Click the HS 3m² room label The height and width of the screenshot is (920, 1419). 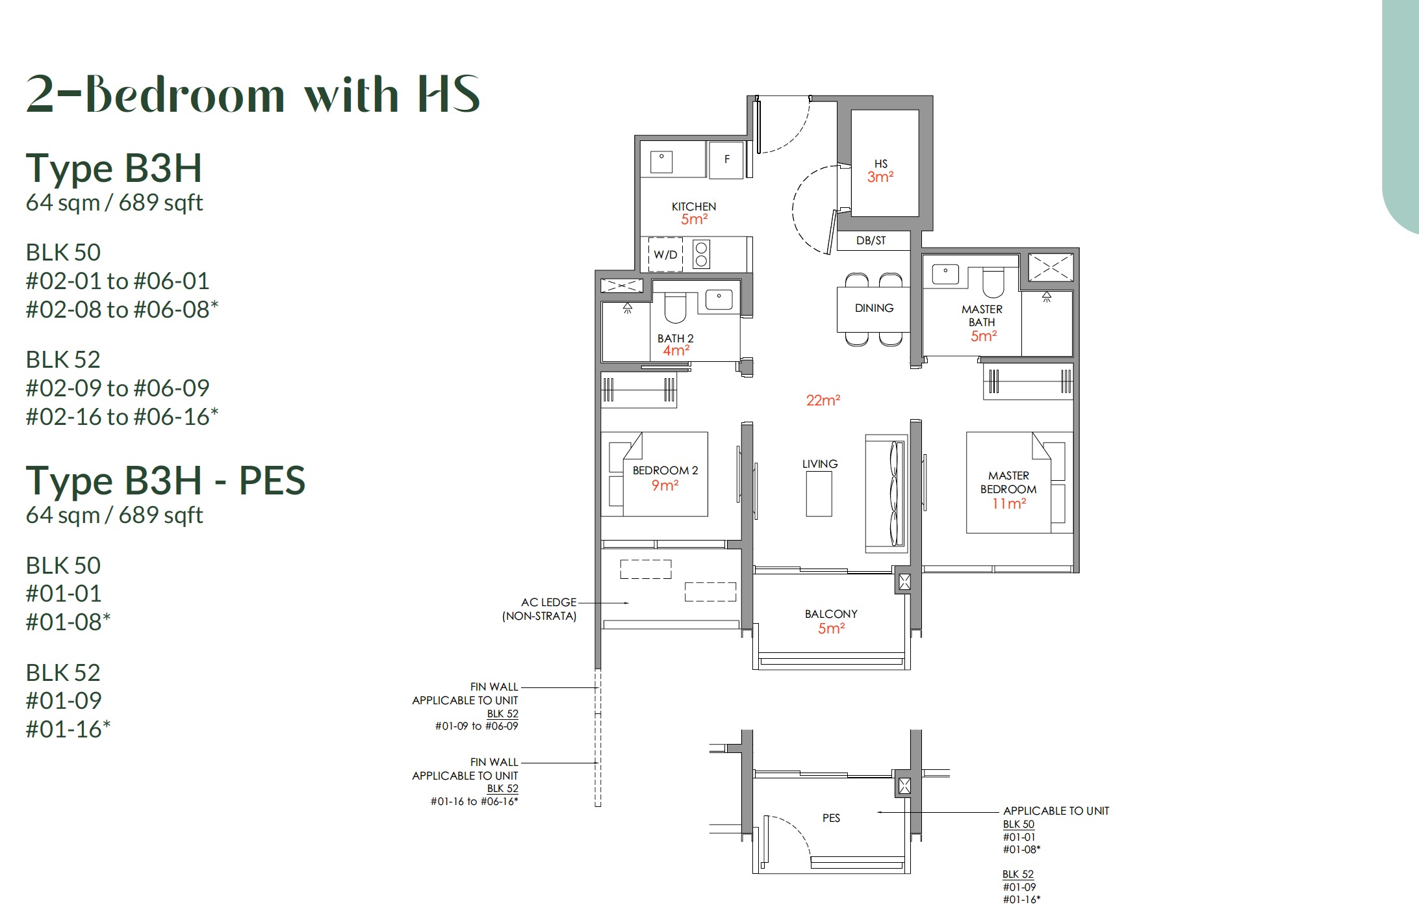point(880,171)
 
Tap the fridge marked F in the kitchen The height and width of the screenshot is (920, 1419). point(726,159)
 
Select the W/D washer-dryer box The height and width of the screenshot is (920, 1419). point(665,255)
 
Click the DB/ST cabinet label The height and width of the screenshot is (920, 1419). point(871,240)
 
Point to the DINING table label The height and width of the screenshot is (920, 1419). point(874,308)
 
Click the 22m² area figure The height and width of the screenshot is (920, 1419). point(823,400)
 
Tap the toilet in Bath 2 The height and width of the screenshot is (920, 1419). point(675,309)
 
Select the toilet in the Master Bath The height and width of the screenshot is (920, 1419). point(993,284)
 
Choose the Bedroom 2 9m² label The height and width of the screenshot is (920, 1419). point(665,478)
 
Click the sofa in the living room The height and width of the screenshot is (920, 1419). point(887,494)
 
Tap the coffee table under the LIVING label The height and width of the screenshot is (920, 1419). point(819,494)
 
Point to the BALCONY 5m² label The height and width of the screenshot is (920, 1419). point(831,621)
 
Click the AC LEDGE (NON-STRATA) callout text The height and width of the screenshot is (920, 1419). point(540,609)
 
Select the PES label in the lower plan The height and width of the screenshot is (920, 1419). point(831,818)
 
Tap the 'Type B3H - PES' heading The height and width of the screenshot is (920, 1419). point(165,481)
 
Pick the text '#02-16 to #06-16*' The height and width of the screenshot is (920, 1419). point(121,416)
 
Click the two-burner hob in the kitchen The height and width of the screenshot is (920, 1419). point(701,254)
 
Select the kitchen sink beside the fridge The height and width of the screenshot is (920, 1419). point(661,161)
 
